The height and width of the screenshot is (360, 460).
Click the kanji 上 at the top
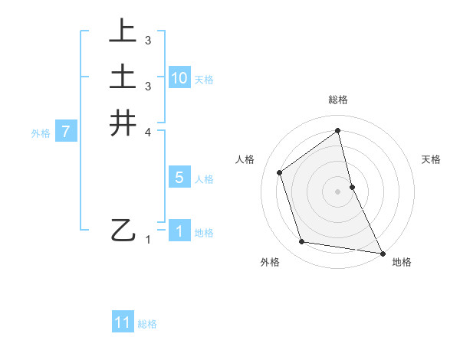123,31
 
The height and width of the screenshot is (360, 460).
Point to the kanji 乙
123,230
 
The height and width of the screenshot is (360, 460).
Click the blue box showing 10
179,78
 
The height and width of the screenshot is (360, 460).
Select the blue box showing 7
67,133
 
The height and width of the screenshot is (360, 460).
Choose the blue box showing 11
123,323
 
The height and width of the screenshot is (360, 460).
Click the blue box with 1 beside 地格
179,231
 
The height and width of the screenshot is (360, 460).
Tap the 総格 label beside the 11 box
147,324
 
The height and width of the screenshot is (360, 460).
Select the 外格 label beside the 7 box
41,133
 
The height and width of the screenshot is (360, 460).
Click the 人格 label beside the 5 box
204,179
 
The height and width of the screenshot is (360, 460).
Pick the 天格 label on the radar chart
432,159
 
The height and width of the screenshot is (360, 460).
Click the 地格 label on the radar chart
402,262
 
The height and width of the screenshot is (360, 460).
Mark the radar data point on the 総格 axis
338,131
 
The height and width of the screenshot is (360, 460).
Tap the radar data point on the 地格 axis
382,252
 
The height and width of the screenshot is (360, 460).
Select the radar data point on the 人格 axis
280,172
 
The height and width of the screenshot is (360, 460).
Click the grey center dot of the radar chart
338,191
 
